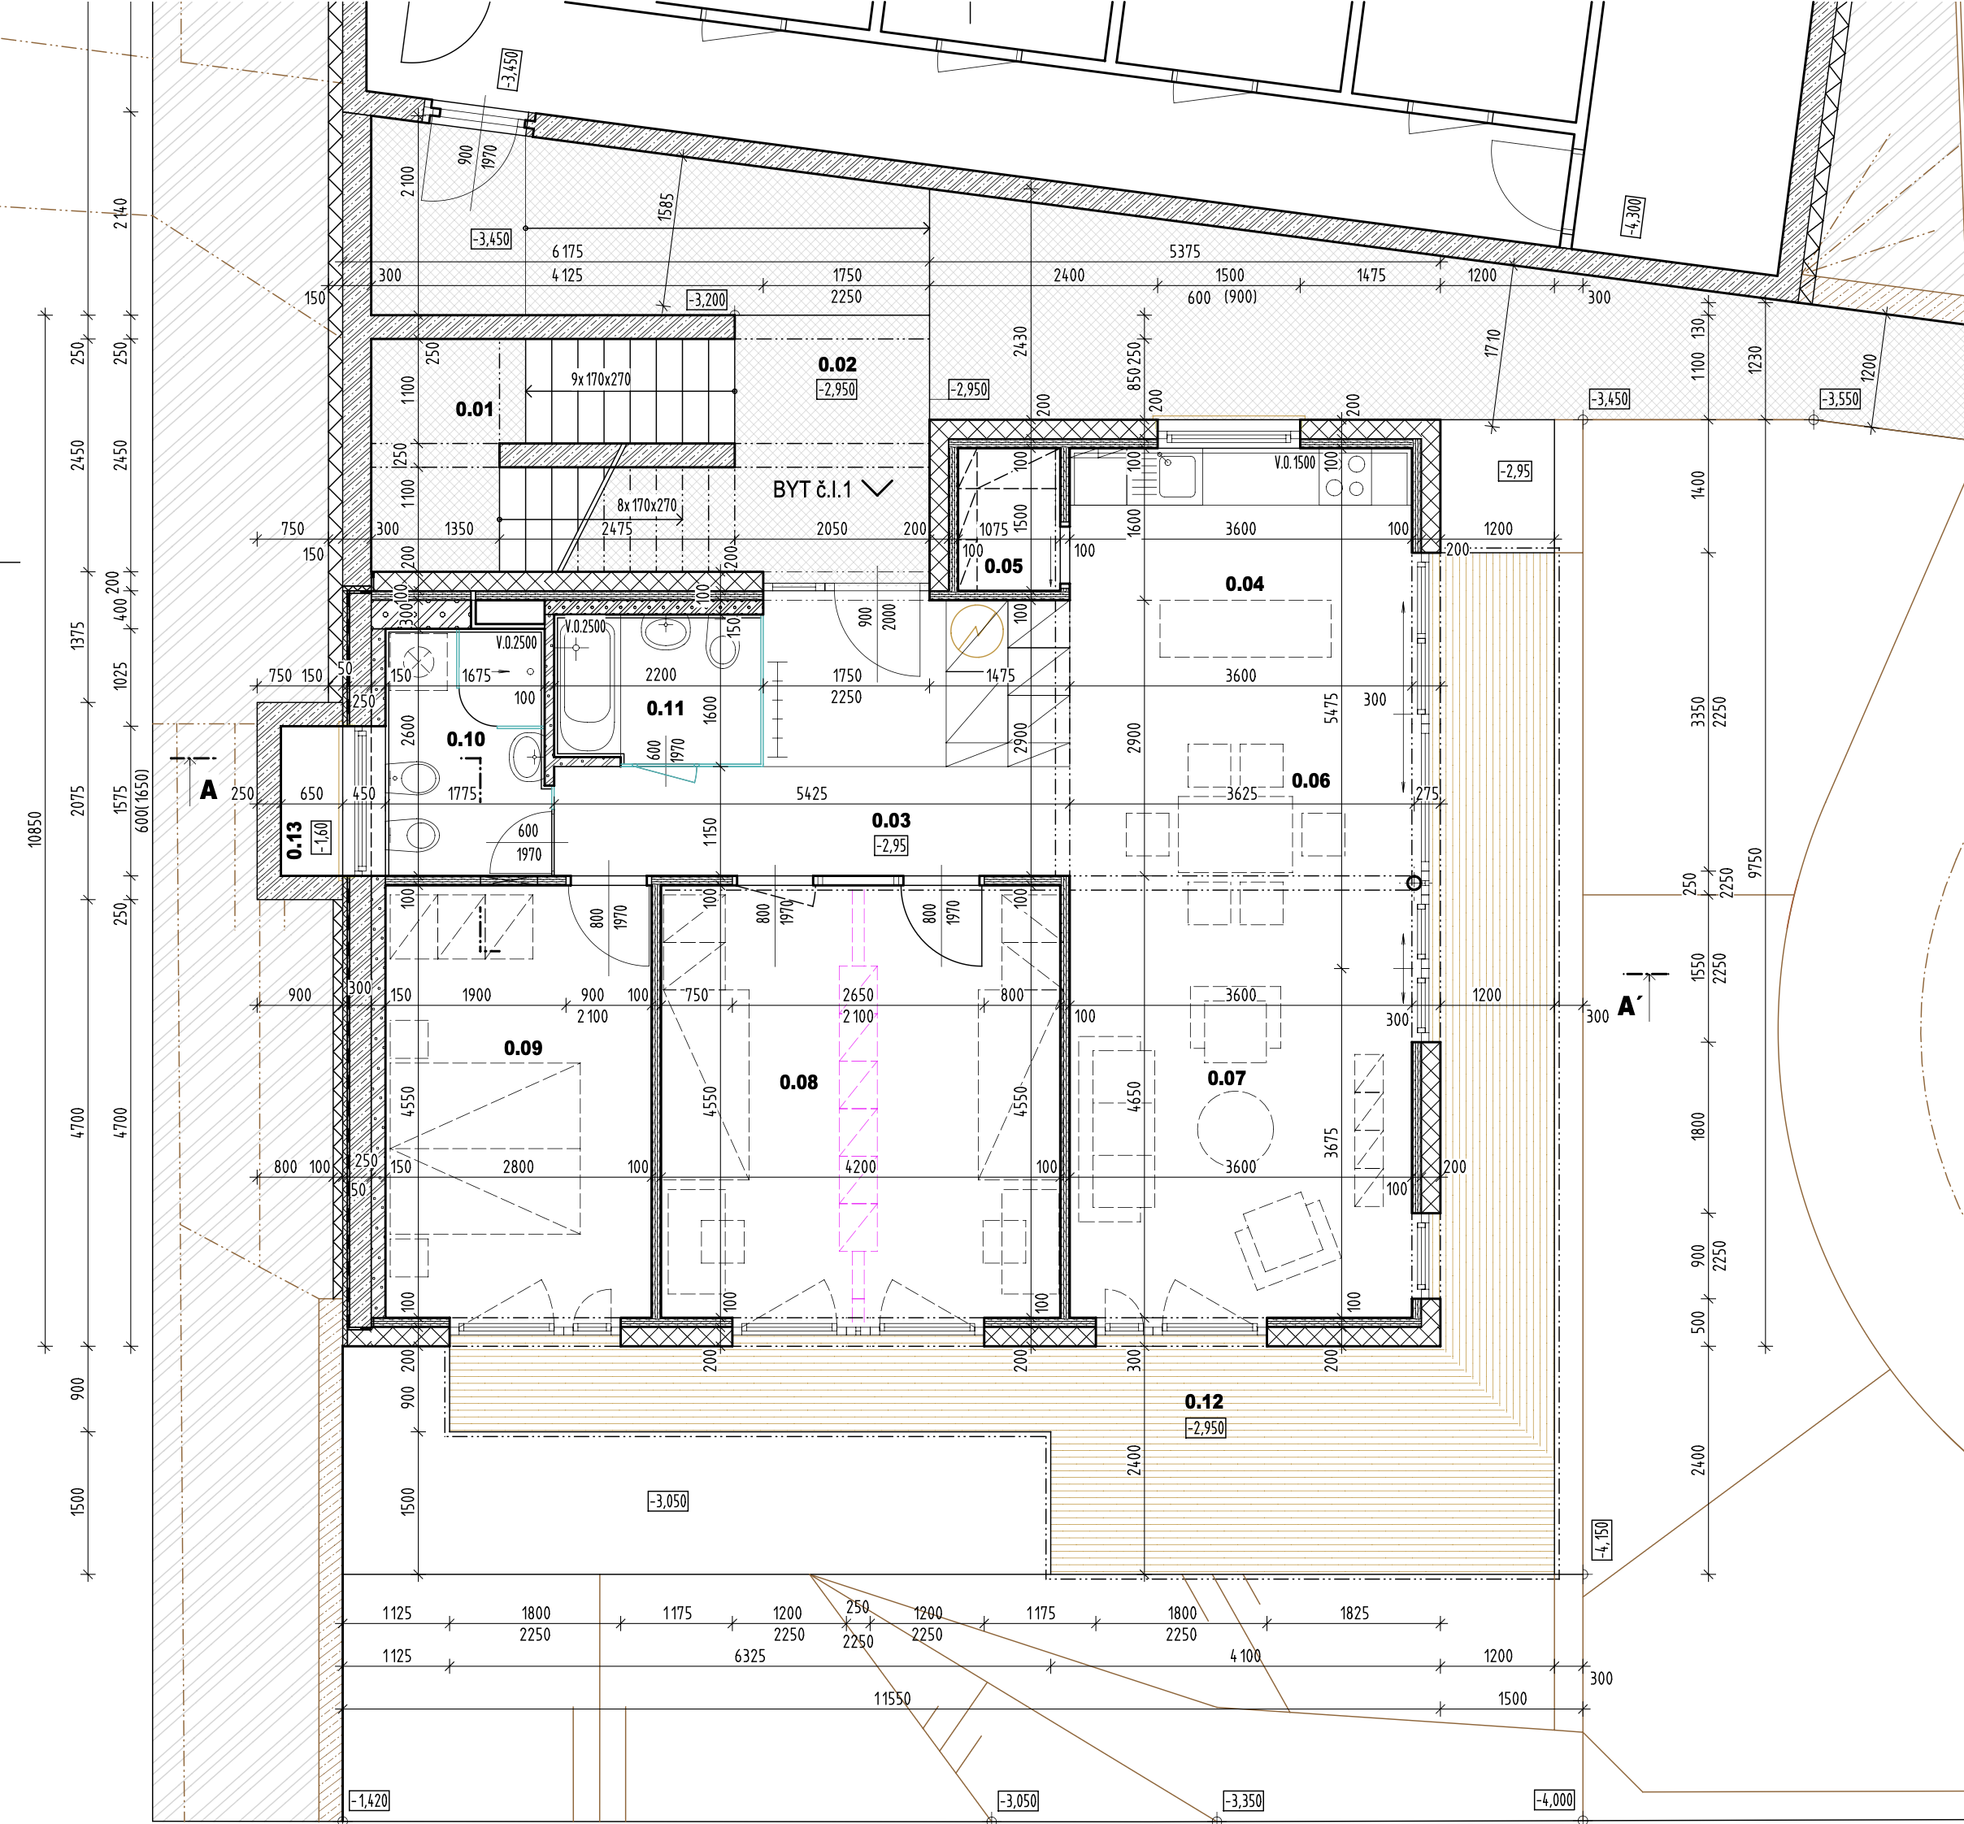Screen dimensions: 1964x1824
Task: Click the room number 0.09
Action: [x=523, y=1049]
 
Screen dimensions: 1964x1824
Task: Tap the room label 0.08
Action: [x=798, y=1083]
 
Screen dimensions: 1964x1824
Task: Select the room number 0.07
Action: [x=1227, y=1079]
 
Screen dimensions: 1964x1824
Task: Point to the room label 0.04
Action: [x=1245, y=584]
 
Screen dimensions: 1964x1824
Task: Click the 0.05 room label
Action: [x=1004, y=567]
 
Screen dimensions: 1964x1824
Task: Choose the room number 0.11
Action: [x=665, y=709]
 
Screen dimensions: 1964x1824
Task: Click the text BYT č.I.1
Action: [x=812, y=489]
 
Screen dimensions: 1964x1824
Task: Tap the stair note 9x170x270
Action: [x=601, y=379]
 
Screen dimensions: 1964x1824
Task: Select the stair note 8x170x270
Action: [x=647, y=506]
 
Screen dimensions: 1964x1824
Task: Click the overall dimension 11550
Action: [x=893, y=1699]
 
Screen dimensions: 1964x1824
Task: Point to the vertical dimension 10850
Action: [x=36, y=829]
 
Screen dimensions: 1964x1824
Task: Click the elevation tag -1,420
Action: [x=369, y=1800]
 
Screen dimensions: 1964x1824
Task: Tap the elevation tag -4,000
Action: [x=1554, y=1800]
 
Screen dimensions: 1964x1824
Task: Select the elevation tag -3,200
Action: [x=707, y=300]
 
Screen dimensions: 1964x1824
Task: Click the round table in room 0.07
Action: [x=1236, y=1127]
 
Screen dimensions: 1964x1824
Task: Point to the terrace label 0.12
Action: [x=1204, y=1401]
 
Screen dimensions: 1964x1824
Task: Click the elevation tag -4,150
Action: [x=1601, y=1540]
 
